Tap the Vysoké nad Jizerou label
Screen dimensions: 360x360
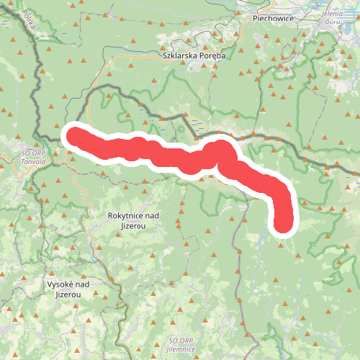67,289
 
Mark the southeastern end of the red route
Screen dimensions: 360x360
283,224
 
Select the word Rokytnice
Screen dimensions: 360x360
123,216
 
